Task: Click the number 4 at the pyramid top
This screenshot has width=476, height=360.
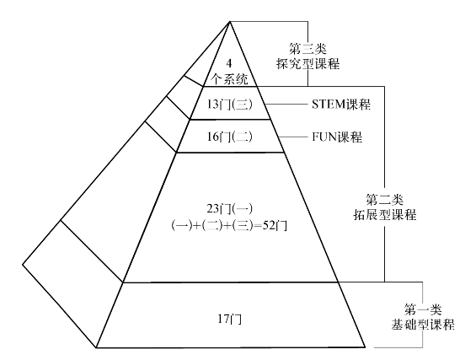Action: (x=229, y=63)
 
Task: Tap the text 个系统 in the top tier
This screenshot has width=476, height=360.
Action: (x=229, y=79)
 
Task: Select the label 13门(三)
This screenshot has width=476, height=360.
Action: (x=230, y=105)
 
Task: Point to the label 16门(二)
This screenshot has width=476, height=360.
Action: (x=230, y=137)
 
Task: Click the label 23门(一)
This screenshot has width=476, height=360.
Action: (x=230, y=209)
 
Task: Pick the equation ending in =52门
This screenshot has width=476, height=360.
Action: (x=229, y=226)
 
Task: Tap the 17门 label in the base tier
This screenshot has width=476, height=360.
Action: (x=230, y=320)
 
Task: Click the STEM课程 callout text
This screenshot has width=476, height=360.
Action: (x=341, y=105)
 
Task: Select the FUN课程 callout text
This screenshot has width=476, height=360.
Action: (x=337, y=137)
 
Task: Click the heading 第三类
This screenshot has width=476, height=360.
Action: (x=308, y=48)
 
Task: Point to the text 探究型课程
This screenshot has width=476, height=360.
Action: (x=308, y=64)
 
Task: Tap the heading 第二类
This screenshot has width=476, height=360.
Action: (x=385, y=199)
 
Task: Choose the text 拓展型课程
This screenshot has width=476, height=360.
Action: (x=385, y=215)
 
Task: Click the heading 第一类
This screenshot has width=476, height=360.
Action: (x=423, y=309)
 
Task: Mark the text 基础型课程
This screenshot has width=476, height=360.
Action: (x=423, y=325)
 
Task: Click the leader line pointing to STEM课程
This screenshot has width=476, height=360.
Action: (x=286, y=105)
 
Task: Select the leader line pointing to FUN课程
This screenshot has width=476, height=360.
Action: (x=293, y=137)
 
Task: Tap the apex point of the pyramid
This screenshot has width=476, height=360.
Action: (x=230, y=21)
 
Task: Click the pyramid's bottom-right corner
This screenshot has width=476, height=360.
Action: (x=365, y=347)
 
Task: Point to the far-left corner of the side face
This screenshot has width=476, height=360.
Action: (x=23, y=264)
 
